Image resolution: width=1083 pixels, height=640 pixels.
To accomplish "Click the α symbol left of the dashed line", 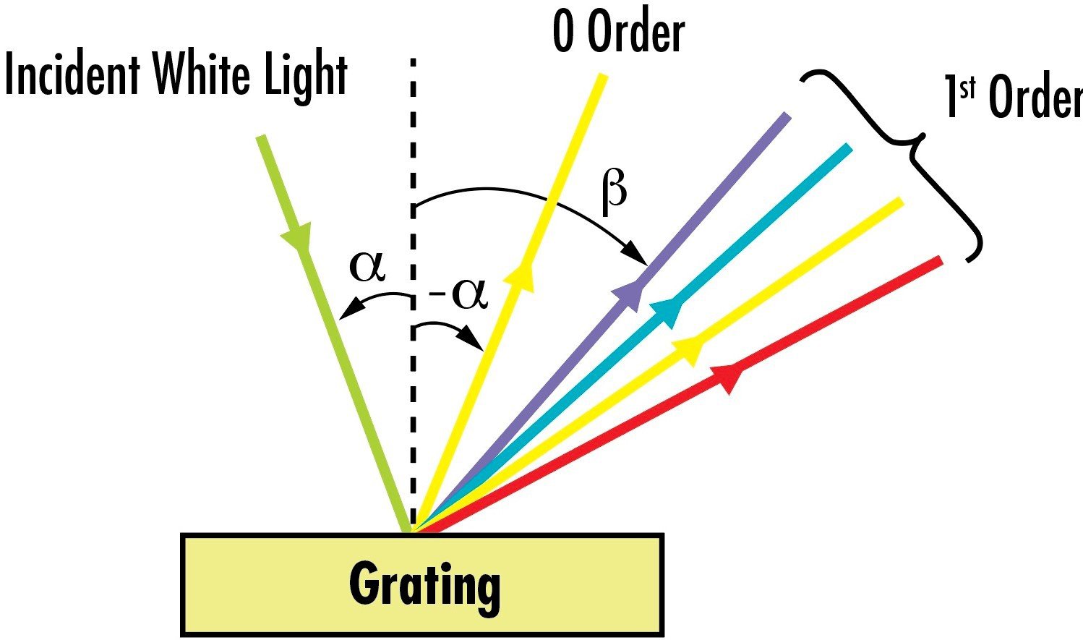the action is pyautogui.click(x=367, y=266).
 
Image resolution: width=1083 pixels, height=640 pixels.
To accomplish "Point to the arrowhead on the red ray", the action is pyautogui.click(x=727, y=377).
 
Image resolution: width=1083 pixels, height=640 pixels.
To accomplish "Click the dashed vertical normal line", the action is pyautogui.click(x=414, y=295).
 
